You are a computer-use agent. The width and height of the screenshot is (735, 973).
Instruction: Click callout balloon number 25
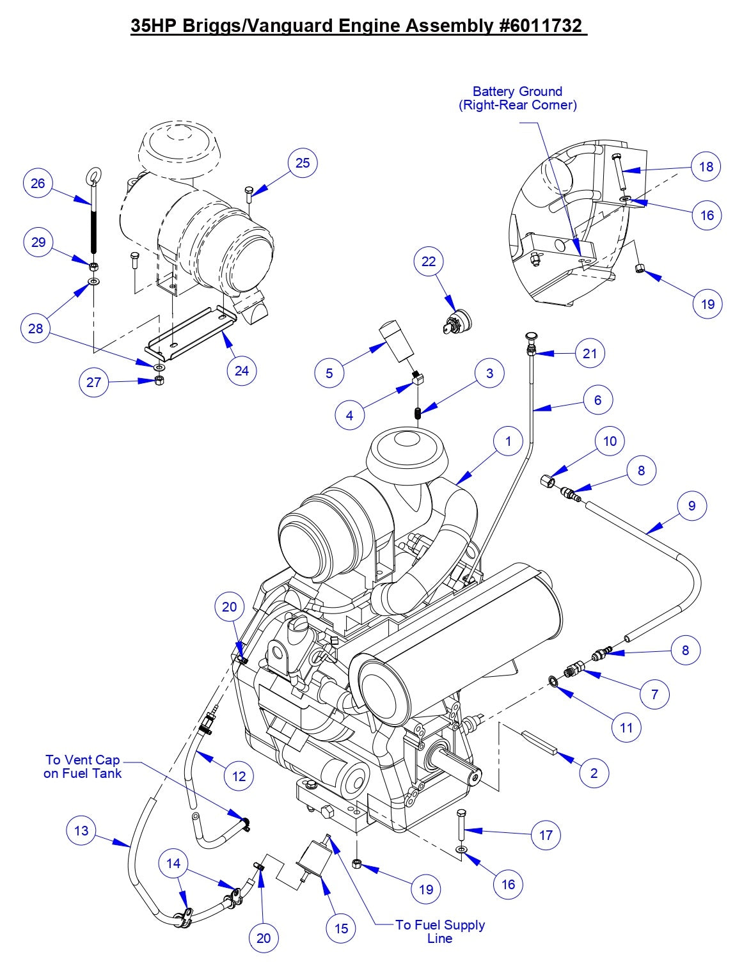303,163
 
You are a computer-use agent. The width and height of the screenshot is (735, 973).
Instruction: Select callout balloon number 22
429,261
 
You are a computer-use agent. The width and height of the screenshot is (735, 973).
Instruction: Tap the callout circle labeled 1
509,441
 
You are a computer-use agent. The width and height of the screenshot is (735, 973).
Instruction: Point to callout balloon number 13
81,831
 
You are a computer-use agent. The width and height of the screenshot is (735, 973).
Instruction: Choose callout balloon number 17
546,835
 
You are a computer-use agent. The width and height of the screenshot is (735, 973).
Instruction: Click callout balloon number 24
242,370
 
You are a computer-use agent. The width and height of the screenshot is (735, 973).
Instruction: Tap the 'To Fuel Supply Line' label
439,931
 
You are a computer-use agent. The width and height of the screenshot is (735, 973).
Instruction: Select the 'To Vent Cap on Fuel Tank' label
83,766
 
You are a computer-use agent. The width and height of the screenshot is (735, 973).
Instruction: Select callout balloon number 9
692,505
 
